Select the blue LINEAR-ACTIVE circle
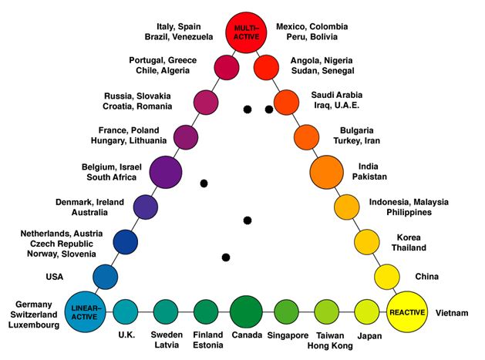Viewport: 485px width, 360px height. click(86, 311)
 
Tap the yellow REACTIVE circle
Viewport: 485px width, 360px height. click(407, 311)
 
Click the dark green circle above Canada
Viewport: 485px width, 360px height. click(247, 311)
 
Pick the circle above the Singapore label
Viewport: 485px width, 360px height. click(286, 311)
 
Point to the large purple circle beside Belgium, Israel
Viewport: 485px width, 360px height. click(166, 172)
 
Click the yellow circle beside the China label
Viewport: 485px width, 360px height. click(385, 275)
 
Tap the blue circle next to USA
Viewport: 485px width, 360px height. click(105, 276)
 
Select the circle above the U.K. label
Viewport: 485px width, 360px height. click(125, 311)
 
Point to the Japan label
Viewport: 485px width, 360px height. click(370, 336)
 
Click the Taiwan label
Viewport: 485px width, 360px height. click(331, 336)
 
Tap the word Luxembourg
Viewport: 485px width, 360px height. click(32, 325)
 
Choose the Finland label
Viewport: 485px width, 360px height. click(207, 336)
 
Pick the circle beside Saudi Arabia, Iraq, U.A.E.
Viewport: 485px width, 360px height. click(286, 101)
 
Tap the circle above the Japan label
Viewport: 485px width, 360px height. click(368, 311)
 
